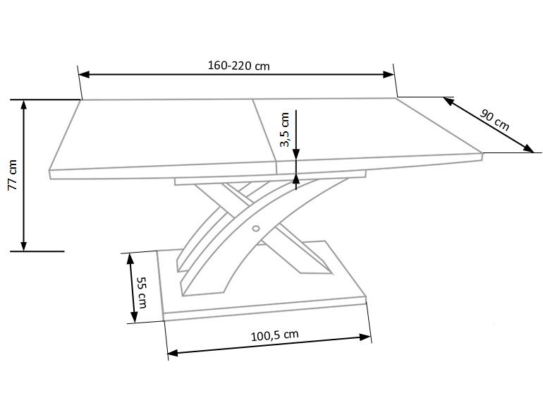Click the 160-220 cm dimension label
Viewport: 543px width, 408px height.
[x=238, y=66]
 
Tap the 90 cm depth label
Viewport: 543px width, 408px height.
[x=495, y=120]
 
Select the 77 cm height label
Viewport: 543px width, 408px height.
[x=13, y=175]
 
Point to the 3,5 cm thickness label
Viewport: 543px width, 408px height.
[x=285, y=130]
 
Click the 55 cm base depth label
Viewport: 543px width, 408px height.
[x=142, y=292]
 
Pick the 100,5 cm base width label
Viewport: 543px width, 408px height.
[x=274, y=335]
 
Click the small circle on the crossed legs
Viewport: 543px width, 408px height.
[x=256, y=228]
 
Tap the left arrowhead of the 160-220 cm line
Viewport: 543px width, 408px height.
[x=84, y=75]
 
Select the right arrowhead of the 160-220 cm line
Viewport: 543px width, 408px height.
[x=389, y=74]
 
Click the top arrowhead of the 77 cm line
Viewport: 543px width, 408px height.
[x=23, y=105]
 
